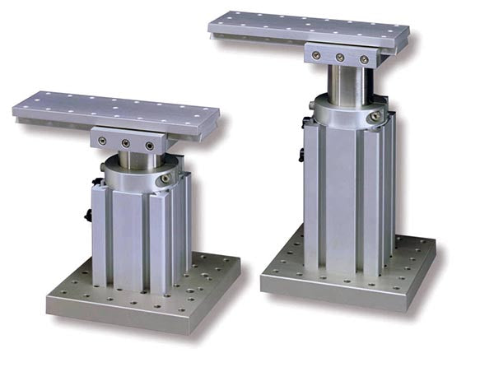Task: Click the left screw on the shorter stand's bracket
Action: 102,142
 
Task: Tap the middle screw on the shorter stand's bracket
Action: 126,143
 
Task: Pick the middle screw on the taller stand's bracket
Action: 340,57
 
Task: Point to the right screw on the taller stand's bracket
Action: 363,59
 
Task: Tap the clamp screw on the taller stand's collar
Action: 375,117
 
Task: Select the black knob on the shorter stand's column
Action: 88,216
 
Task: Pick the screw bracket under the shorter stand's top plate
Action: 126,141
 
